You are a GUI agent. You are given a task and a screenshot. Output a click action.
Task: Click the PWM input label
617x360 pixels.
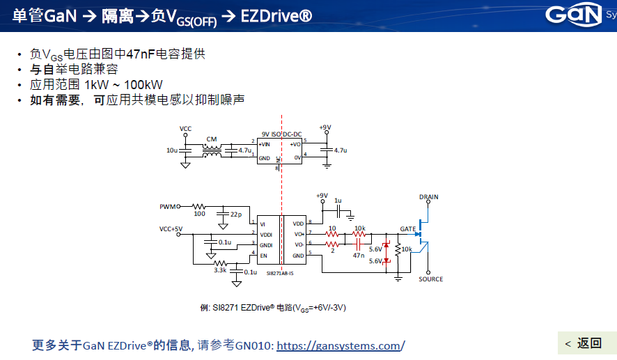coord(169,206)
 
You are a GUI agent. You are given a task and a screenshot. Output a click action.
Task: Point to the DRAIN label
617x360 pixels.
coord(429,197)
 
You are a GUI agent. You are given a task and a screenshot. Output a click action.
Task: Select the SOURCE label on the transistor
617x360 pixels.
coord(430,279)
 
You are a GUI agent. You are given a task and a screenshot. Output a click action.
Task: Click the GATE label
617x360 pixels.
coord(407,228)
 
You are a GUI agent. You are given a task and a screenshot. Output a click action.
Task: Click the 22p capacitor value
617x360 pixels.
coord(235,213)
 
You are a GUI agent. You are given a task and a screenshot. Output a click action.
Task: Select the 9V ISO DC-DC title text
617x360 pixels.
coord(281,134)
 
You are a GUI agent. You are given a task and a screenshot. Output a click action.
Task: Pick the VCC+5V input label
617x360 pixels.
coord(171,228)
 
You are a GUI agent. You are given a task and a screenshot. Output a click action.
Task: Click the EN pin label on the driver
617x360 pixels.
coord(263,256)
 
